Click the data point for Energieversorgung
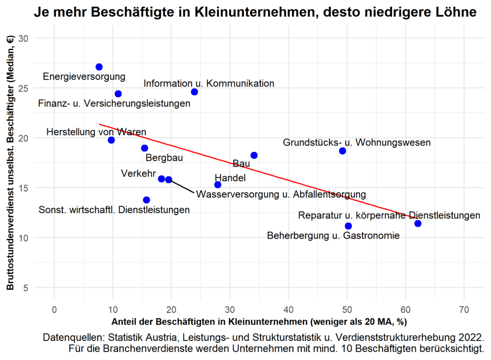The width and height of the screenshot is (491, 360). tap(99, 67)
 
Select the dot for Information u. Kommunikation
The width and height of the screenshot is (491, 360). tap(194, 92)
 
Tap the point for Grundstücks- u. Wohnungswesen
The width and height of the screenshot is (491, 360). tap(342, 151)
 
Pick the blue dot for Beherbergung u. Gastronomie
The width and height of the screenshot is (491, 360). tap(348, 226)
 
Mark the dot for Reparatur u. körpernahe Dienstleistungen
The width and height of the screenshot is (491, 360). tap(418, 223)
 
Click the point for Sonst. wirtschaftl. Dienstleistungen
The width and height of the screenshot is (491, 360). tap(146, 199)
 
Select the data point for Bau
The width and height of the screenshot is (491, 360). tap(254, 155)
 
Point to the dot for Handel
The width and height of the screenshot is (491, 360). tap(218, 185)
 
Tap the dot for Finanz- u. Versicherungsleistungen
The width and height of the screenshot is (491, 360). tap(118, 93)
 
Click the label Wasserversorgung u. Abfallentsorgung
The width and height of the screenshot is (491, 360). tap(281, 195)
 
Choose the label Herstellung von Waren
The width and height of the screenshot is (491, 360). tap(96, 132)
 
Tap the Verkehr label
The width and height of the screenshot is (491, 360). tap(135, 173)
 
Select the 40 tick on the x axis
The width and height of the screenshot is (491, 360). tap(289, 310)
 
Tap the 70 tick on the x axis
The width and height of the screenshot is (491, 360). tap(464, 310)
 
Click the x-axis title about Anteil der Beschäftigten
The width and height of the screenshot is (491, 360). tap(259, 321)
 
